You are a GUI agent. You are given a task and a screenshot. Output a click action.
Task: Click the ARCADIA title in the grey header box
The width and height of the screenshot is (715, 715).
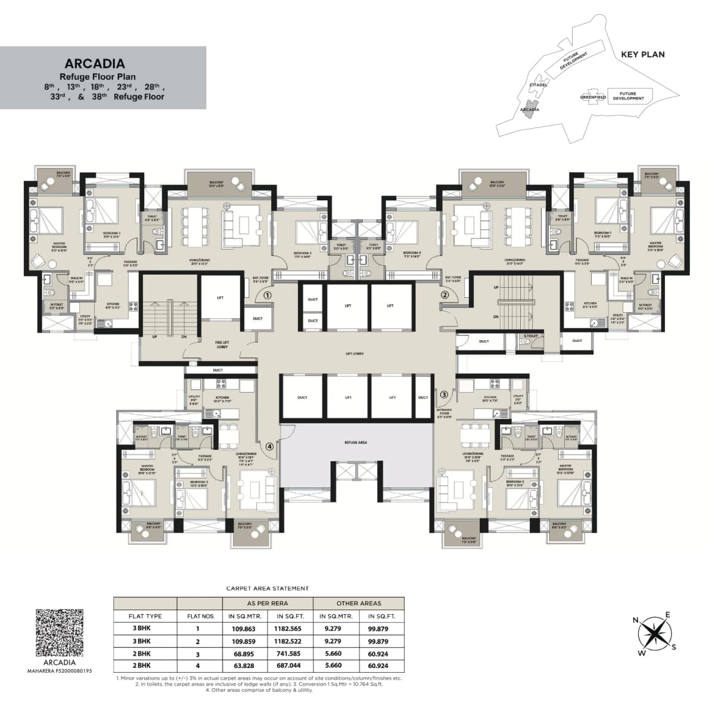pos(95,64)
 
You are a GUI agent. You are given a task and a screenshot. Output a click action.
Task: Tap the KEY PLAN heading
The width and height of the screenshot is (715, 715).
pos(642,54)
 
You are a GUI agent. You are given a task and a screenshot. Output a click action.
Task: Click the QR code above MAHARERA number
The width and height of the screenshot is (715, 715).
pos(60,632)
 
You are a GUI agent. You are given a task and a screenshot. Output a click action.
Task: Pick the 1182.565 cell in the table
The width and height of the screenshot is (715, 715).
pos(287,629)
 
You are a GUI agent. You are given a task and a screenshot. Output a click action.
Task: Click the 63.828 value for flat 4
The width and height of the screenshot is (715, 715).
pos(243,666)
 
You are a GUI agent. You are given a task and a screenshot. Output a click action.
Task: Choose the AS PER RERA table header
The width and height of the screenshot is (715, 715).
pos(268,603)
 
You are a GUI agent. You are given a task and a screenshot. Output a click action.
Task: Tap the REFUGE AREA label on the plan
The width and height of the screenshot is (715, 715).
pos(355,443)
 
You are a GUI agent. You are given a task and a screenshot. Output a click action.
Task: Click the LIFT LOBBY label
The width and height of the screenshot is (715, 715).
pos(355,354)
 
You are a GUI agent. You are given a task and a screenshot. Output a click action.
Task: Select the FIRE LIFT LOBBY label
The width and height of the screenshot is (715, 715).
pos(222,344)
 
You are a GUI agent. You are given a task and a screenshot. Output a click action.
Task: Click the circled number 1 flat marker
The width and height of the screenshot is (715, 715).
pos(268,295)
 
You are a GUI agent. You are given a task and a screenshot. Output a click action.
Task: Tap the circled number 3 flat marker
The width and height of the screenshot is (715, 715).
pos(444,394)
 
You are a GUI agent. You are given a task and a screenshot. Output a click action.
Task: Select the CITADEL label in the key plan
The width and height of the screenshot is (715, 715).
pos(538,85)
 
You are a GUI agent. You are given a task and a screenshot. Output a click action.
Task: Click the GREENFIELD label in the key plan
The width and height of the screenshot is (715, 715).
pos(593,97)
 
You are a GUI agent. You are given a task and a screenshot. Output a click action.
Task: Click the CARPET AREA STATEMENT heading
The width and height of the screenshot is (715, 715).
pos(268,588)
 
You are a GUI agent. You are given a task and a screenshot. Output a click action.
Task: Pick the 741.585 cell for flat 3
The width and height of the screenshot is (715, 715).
pos(287,654)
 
